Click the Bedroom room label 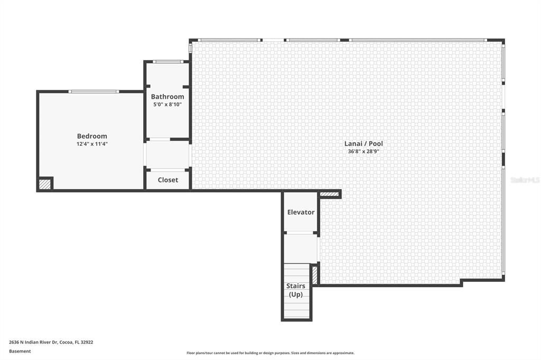click(x=92, y=136)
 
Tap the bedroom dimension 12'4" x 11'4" click(x=92, y=144)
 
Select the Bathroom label click(x=167, y=97)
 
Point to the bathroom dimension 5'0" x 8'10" click(x=167, y=105)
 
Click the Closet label click(x=167, y=180)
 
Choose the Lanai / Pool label click(x=363, y=144)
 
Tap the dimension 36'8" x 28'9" click(x=363, y=151)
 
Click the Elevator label click(x=301, y=212)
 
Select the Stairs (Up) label click(x=296, y=290)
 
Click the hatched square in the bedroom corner click(x=45, y=184)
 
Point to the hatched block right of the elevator click(x=329, y=194)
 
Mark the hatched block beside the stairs click(x=314, y=274)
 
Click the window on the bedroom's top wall click(x=94, y=92)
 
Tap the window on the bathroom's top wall click(x=168, y=62)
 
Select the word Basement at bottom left click(x=20, y=351)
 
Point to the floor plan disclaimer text click(x=270, y=353)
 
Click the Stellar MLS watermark click(x=525, y=180)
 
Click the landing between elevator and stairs click(x=300, y=248)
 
